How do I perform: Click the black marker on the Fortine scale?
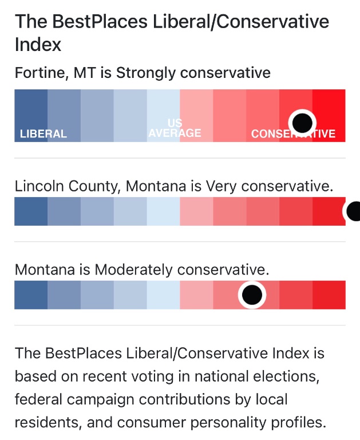coord(302,122)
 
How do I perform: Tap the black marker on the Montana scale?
coord(252,295)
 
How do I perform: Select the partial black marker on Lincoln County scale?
coord(353,211)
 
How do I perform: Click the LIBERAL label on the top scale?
coord(43,134)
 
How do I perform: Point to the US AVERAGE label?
coord(175,129)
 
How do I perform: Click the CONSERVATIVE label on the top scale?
coord(293,134)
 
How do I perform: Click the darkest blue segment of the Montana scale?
coord(31,295)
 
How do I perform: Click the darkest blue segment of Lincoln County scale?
coord(31,211)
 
